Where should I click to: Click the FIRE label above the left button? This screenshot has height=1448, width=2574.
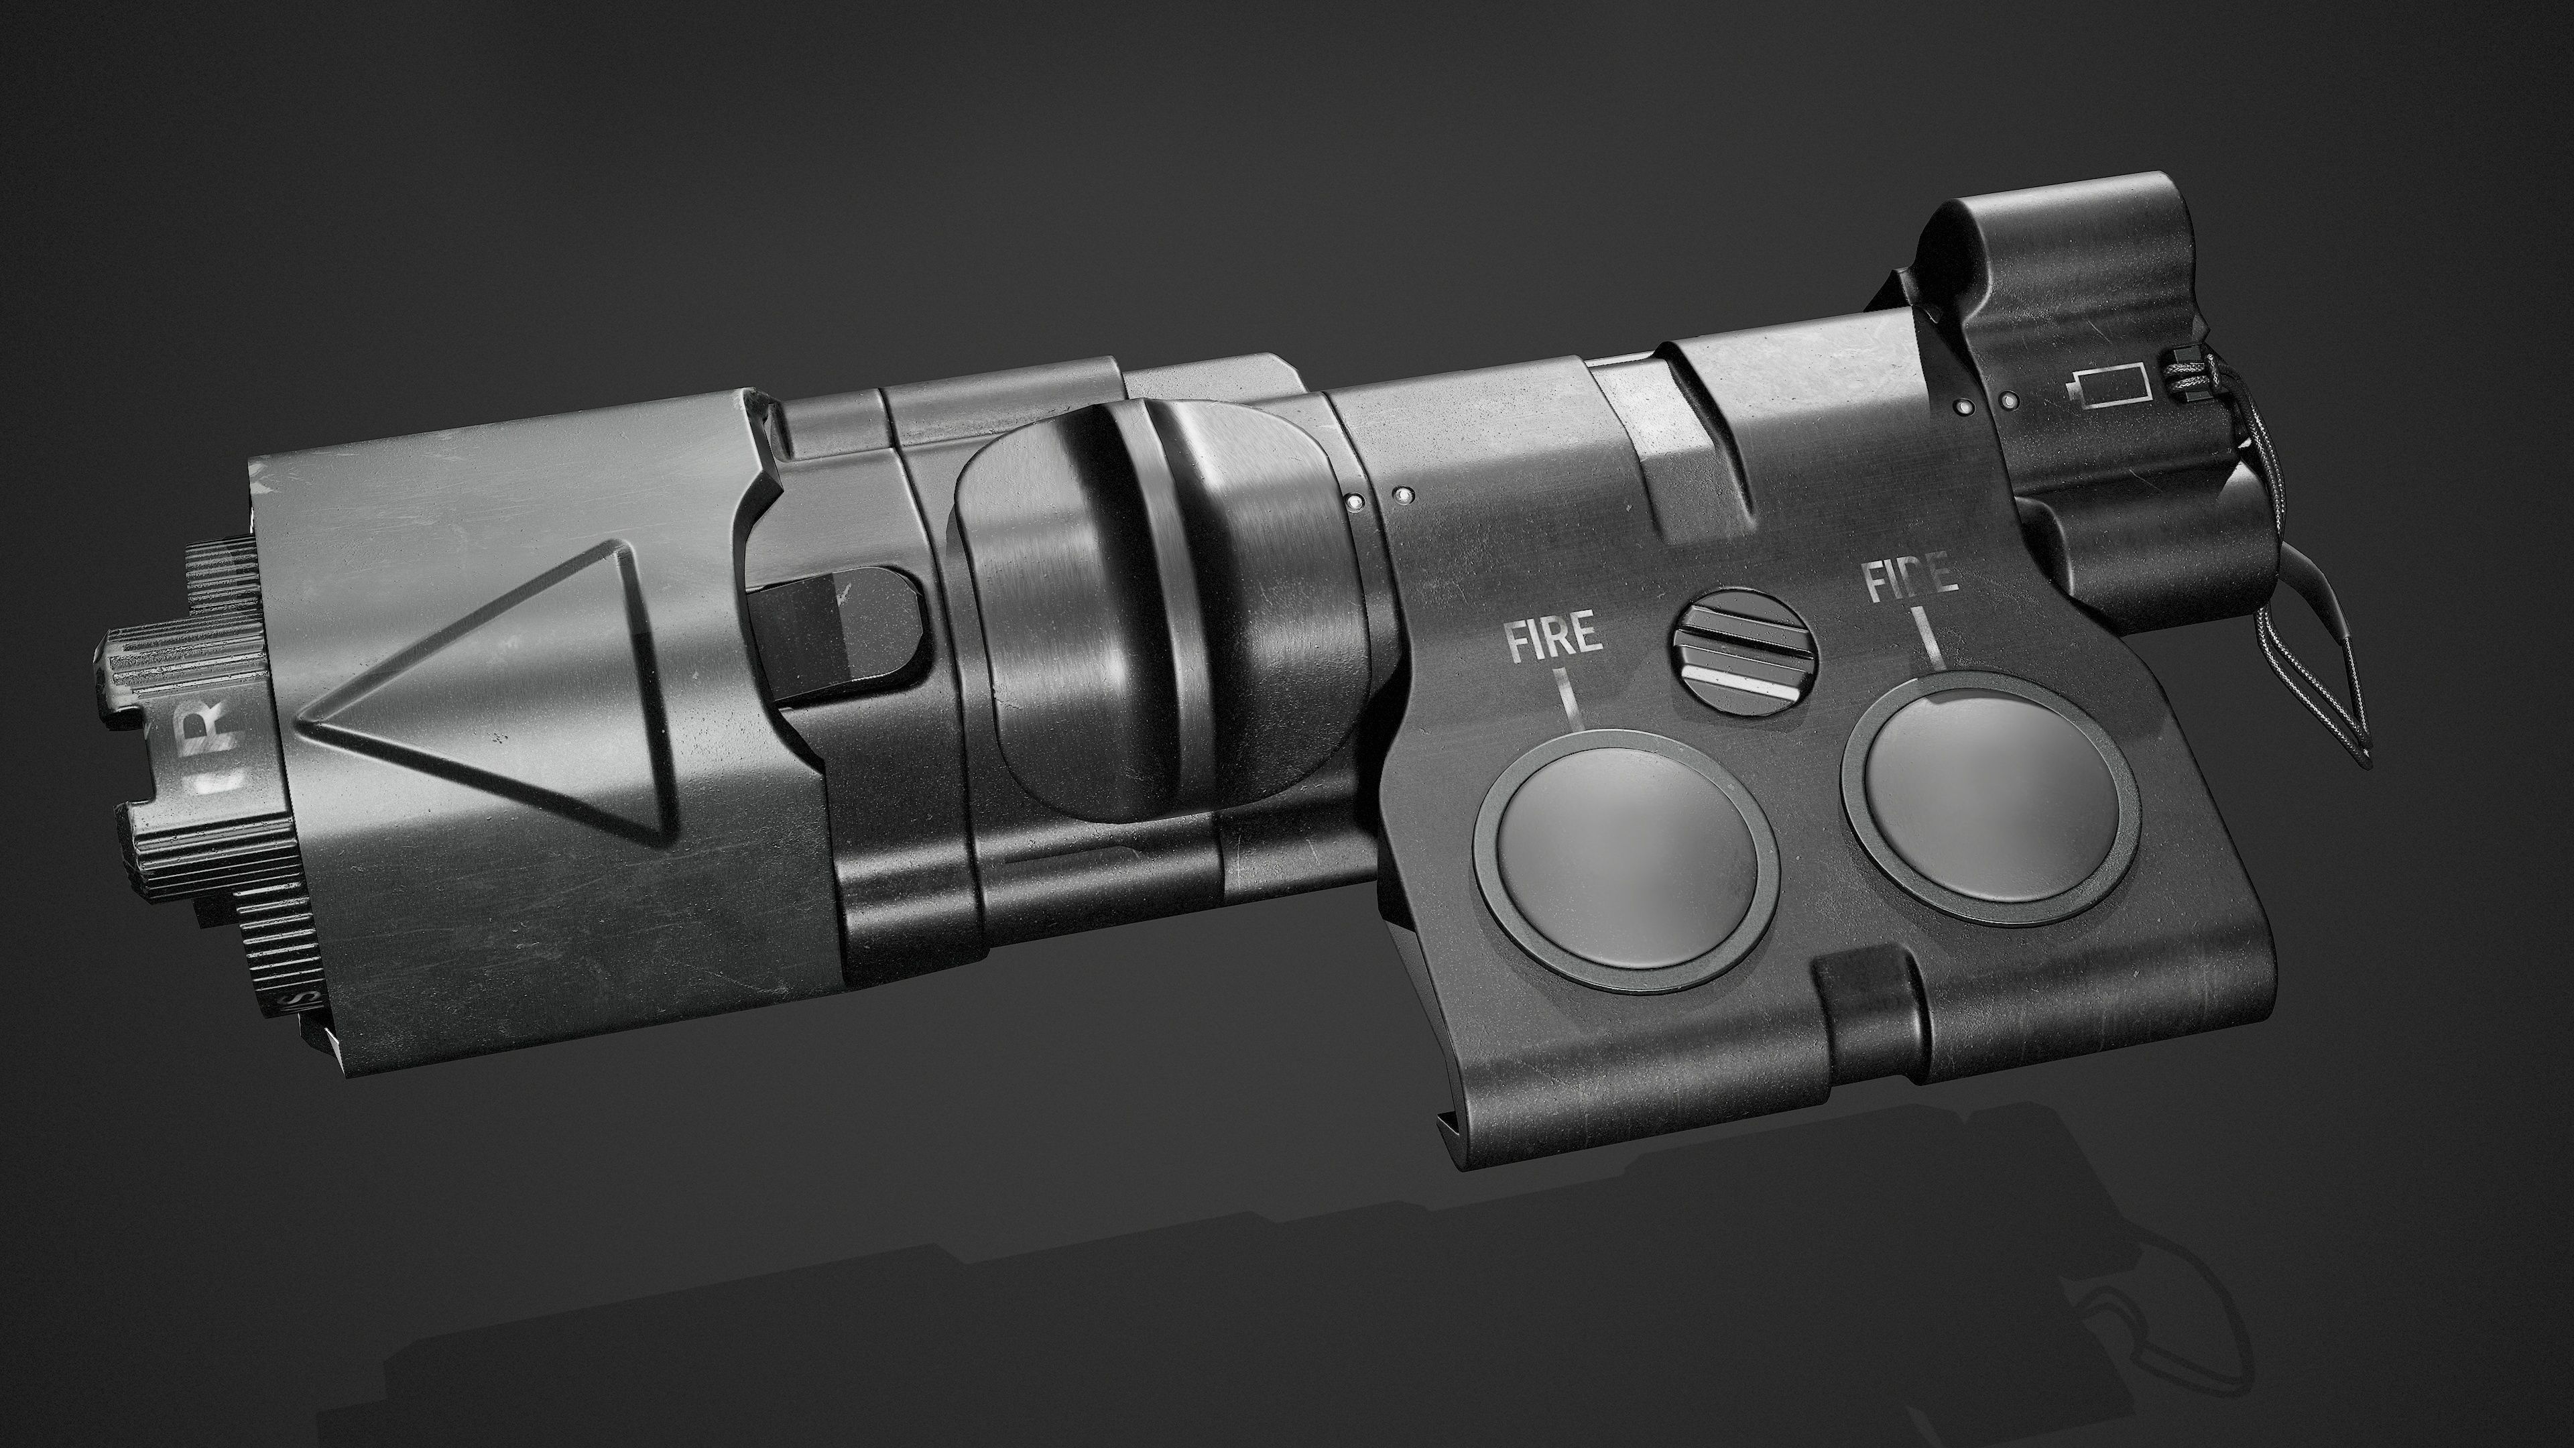(x=1555, y=638)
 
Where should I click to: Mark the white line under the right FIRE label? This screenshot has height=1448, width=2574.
(x=1930, y=637)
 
